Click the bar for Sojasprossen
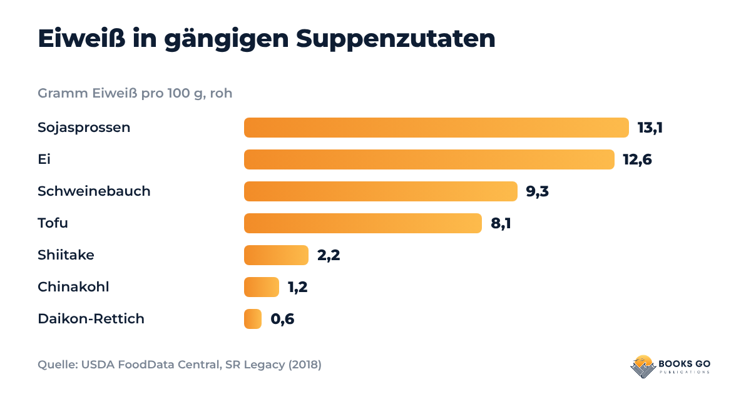point(436,128)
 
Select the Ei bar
point(429,159)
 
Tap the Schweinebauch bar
point(381,191)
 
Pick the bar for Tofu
point(363,223)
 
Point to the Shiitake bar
point(276,255)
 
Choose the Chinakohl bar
point(262,287)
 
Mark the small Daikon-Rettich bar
point(253,319)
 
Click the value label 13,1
point(650,128)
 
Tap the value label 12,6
point(637,159)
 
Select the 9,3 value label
point(538,191)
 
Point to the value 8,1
point(501,223)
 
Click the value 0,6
point(282,319)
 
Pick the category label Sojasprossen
point(84,128)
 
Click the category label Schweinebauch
point(94,191)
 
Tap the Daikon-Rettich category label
point(91,318)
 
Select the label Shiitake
point(66,255)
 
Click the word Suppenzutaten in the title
point(396,39)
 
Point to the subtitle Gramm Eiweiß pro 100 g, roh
point(135,93)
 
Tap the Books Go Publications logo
point(670,366)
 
